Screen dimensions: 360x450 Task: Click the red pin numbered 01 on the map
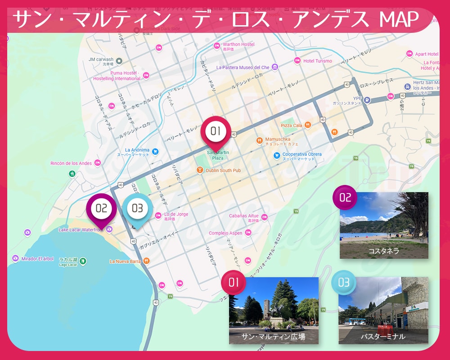216,131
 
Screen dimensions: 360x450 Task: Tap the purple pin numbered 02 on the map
101,208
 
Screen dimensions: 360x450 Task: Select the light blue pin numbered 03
137,208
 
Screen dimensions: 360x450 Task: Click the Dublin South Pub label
223,171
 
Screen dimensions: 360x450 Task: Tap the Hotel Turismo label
317,61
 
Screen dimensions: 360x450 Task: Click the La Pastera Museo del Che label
243,67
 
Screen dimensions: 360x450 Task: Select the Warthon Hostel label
238,45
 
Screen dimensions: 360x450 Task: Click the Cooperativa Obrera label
302,154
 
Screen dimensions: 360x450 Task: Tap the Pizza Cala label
292,126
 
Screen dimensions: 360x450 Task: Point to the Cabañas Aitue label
243,216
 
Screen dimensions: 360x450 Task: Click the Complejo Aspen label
225,233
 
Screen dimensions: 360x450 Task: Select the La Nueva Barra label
126,261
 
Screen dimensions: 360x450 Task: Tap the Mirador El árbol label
37,259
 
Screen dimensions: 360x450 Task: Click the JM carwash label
101,59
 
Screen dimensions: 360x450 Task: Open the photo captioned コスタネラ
384,225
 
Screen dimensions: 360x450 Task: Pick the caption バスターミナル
383,336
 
